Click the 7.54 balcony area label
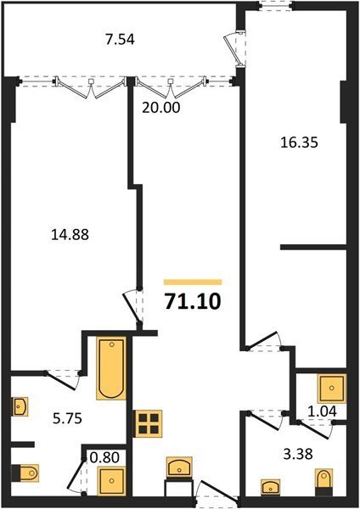120,40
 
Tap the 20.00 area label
160,108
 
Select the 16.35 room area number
299,143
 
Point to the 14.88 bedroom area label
70,234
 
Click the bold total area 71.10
193,301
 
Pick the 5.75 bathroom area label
68,418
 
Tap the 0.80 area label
104,457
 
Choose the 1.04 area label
322,411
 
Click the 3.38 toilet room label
298,454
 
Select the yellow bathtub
111,368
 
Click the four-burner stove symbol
149,424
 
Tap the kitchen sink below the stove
179,467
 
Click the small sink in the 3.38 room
270,487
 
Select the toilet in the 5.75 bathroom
25,473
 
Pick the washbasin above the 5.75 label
20,406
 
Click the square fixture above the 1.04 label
332,388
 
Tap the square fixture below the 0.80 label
112,481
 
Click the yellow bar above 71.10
193,282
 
